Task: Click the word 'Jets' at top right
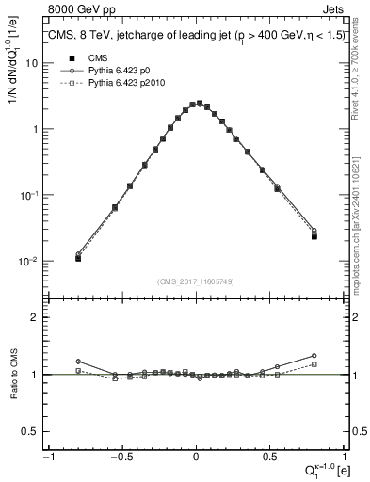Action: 332,8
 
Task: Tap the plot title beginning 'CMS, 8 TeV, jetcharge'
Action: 194,37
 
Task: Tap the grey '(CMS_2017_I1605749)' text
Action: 196,281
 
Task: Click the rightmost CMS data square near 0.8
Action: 314,236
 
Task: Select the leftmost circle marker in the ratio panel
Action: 78,361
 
